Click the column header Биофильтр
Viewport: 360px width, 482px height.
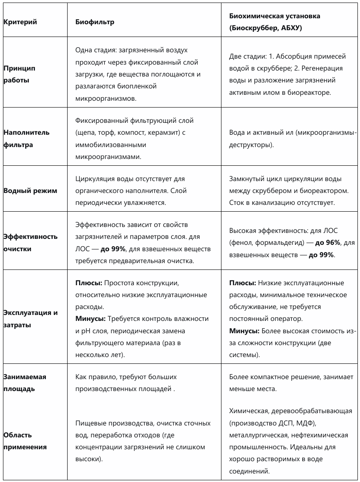pos(95,22)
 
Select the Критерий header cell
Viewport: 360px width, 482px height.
pos(20,22)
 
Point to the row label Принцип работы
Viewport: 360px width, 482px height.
pos(19,74)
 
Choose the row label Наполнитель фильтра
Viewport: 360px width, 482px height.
pos(26,139)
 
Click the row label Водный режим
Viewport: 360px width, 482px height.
pos(30,191)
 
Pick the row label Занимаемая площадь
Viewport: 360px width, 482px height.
pos(25,383)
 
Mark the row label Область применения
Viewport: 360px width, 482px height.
pos(25,441)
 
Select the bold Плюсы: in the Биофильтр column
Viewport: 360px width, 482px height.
pos(88,283)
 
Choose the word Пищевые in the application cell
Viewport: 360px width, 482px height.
pos(89,423)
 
